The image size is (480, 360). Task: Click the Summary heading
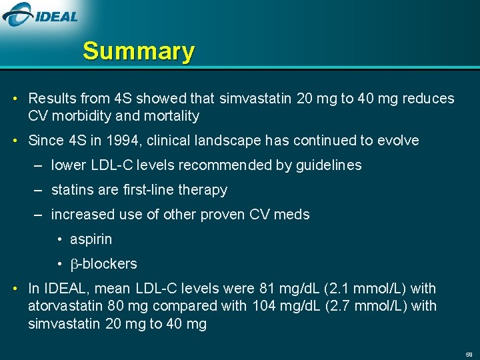coord(139,51)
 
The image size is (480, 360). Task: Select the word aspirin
coord(91,239)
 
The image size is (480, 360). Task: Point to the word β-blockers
coord(103,264)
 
